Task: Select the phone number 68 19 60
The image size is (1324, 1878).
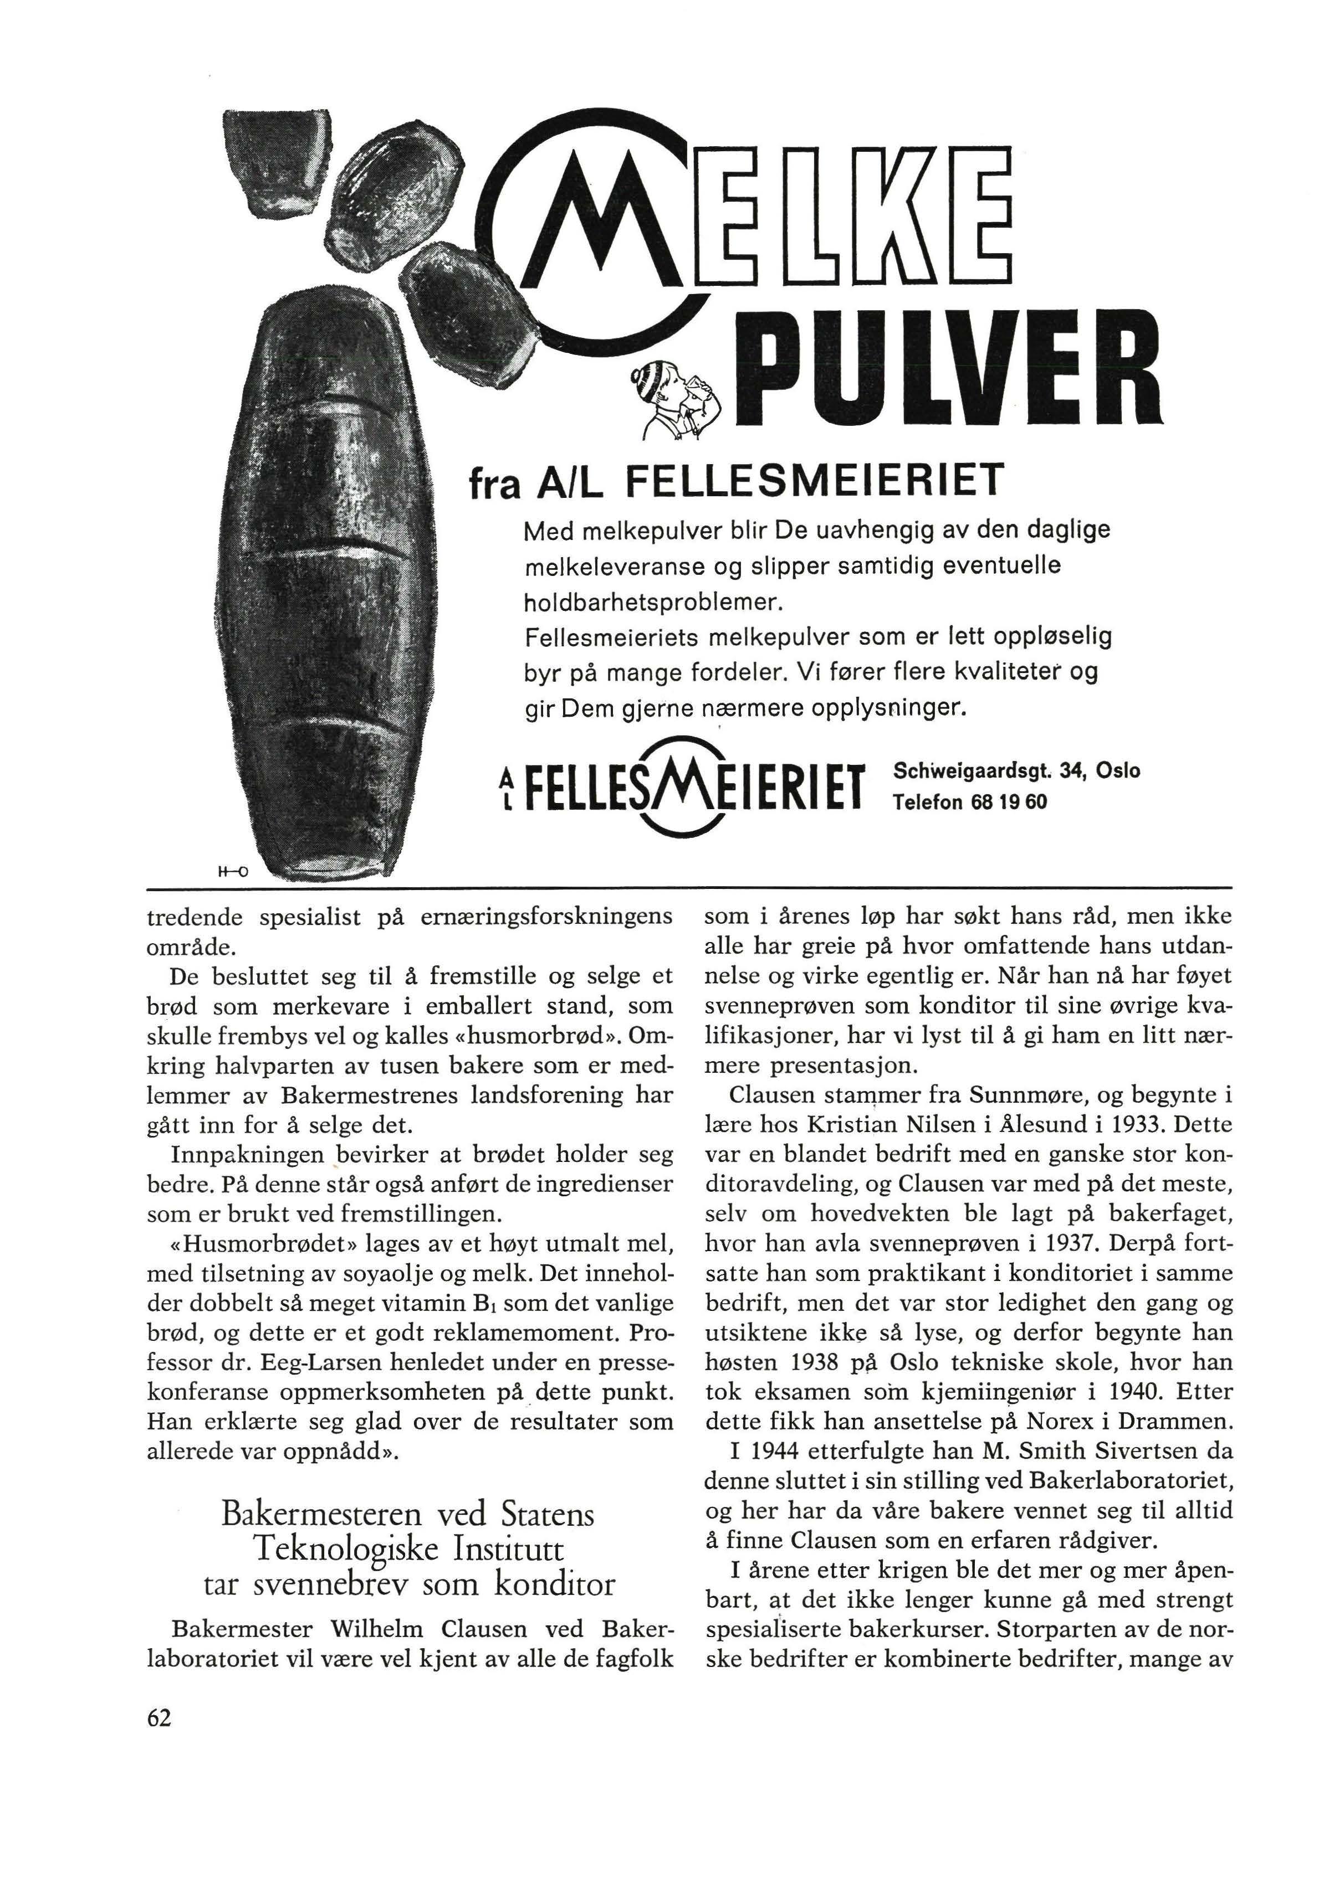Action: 1008,801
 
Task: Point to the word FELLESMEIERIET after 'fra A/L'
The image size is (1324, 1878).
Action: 812,482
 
